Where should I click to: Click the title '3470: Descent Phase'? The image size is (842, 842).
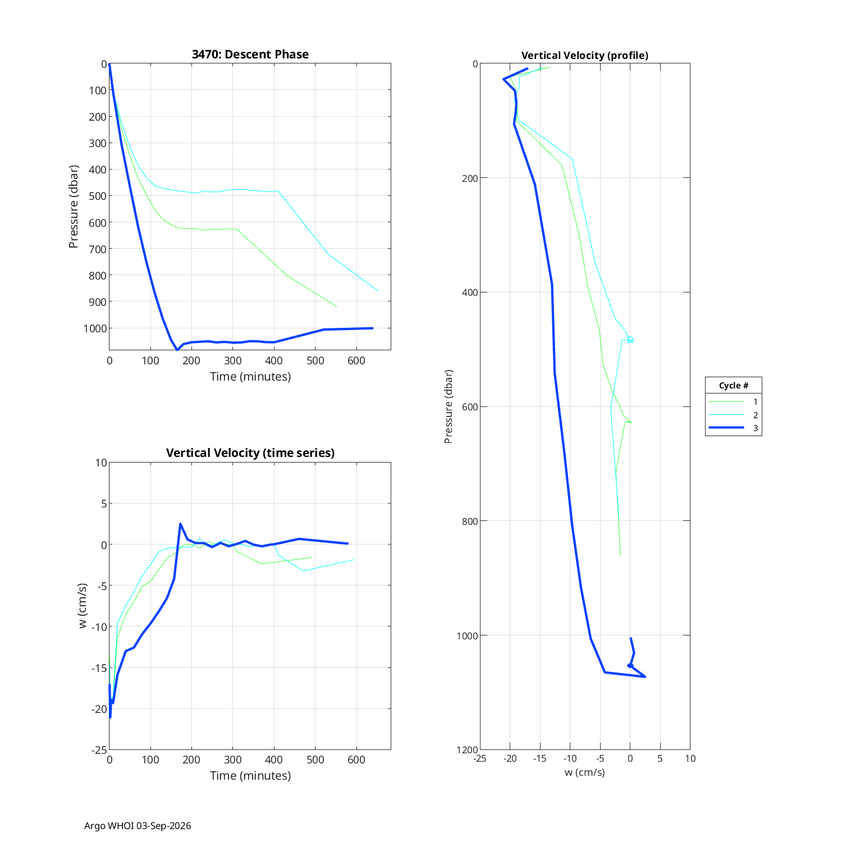(x=250, y=54)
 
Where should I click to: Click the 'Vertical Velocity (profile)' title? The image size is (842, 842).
(x=585, y=56)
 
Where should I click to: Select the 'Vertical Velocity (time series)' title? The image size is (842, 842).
(x=250, y=453)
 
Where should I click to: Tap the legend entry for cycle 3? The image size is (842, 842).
(x=733, y=428)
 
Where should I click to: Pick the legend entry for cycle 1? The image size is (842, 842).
(x=733, y=402)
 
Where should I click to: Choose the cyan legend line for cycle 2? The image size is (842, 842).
(x=726, y=415)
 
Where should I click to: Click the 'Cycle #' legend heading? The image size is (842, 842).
(x=734, y=386)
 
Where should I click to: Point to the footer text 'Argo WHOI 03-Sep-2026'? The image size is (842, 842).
(x=138, y=826)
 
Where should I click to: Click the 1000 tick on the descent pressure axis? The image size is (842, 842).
(x=95, y=328)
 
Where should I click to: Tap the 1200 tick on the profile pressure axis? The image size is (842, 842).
(x=467, y=750)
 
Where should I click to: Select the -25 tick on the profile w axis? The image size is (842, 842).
(x=479, y=758)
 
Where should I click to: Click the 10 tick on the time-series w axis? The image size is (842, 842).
(x=101, y=463)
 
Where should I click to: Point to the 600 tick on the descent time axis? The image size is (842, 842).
(x=356, y=360)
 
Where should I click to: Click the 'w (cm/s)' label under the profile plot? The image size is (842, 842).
(x=585, y=772)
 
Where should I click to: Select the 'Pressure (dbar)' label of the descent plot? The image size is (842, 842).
(x=74, y=207)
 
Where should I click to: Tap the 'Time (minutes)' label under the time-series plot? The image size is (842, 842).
(x=250, y=776)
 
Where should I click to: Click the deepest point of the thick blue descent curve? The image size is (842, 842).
(x=177, y=350)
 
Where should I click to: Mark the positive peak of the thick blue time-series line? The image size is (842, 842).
(x=180, y=524)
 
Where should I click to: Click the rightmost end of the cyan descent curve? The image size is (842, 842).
(x=378, y=291)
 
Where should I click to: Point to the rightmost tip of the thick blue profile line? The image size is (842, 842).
(x=645, y=676)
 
